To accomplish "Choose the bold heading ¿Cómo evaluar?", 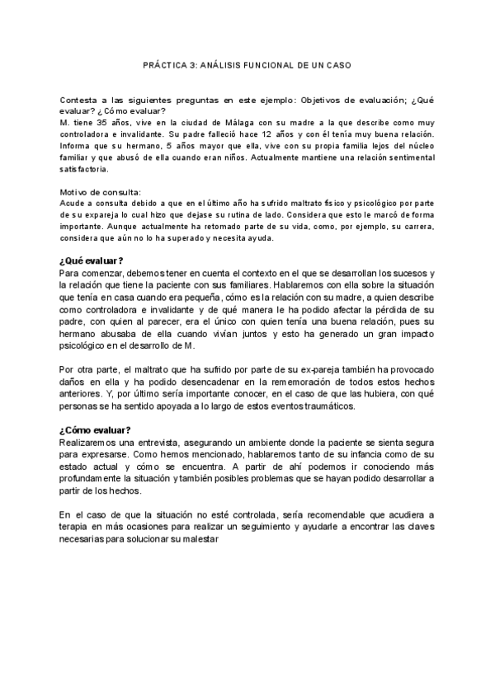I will (x=94, y=429).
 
